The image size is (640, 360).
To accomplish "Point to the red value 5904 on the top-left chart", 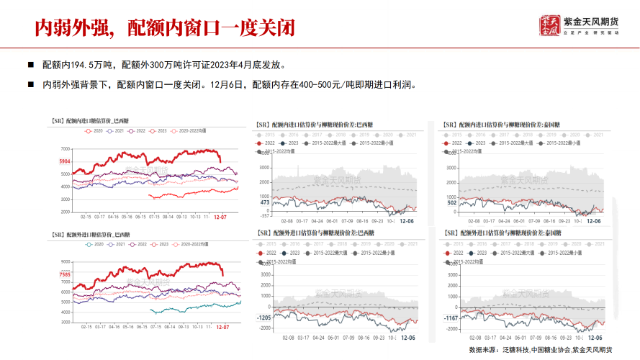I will [x=65, y=161].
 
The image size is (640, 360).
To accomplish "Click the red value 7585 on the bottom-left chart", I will [x=65, y=274].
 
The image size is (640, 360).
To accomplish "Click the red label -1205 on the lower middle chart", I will [x=263, y=317].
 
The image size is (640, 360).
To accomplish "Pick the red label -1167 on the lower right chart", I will [x=451, y=318].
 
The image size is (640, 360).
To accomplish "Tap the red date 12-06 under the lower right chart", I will [x=595, y=337].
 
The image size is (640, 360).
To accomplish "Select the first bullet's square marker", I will [x=30, y=64].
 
